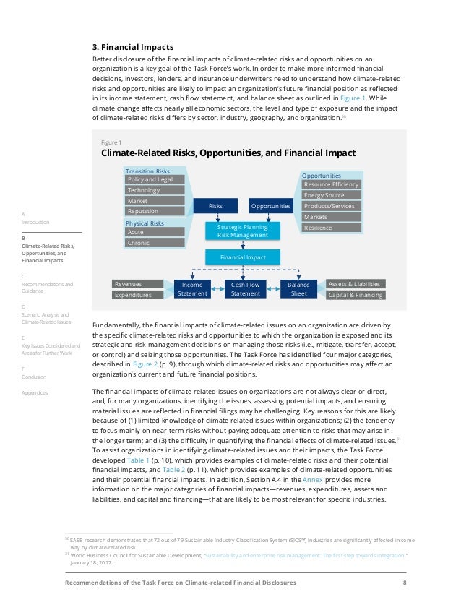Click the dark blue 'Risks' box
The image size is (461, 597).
215,206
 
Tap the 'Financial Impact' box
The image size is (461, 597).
242,257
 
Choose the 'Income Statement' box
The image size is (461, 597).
191,289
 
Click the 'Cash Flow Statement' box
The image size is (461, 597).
245,289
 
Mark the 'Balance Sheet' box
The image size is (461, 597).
298,289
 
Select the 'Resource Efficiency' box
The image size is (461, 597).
331,184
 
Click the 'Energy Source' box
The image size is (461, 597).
331,195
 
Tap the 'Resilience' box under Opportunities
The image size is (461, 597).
331,228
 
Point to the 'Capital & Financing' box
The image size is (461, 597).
355,295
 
